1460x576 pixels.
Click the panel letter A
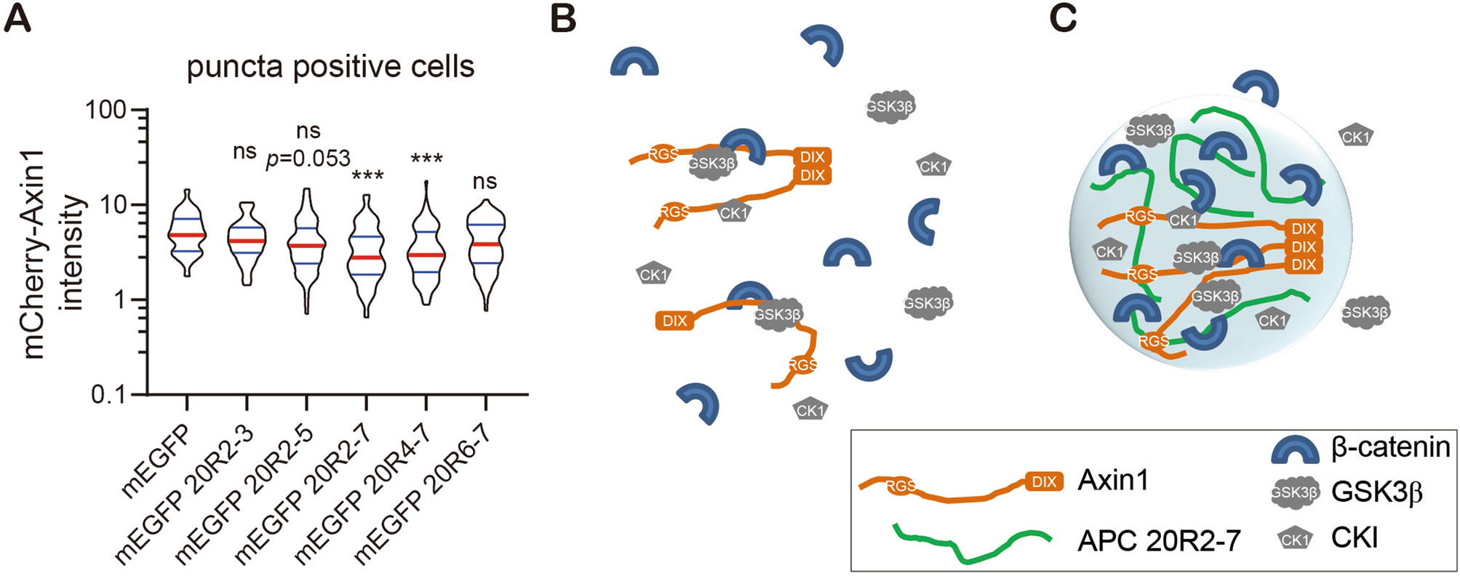(17, 17)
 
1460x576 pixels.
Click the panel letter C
(1063, 17)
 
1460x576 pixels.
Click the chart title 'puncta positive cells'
(330, 67)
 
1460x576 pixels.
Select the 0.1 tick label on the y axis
(109, 395)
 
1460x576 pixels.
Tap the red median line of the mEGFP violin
(187, 235)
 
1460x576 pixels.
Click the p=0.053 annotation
(308, 158)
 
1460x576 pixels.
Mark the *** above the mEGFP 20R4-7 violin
(426, 159)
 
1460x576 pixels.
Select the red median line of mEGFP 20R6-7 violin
(486, 244)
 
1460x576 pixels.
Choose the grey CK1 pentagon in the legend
(1295, 539)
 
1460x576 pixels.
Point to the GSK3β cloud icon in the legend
(1295, 492)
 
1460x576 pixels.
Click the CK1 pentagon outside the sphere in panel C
(1355, 136)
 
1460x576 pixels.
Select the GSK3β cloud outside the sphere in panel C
(1365, 312)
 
